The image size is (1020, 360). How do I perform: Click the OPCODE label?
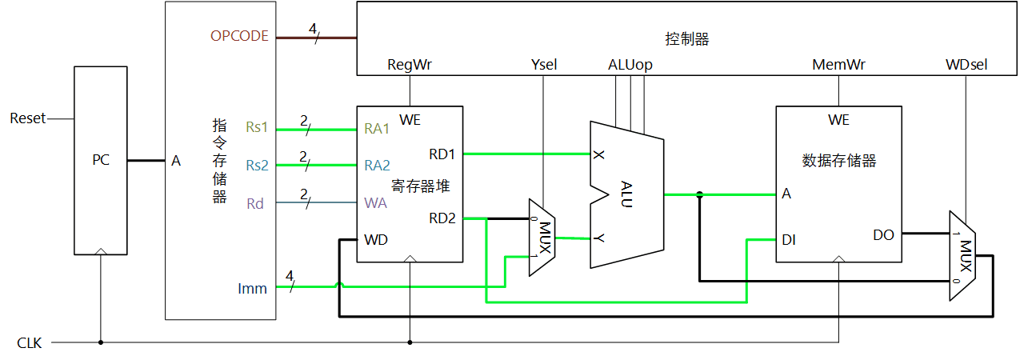coord(239,36)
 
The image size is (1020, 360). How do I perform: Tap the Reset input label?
coord(28,118)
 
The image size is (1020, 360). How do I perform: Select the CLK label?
coord(30,343)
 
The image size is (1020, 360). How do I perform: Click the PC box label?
coord(100,160)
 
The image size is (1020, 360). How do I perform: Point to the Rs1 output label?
coord(257,128)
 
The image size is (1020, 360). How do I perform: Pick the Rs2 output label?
coord(257,166)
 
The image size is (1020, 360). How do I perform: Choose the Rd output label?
coord(255,203)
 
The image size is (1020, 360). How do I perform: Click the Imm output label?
coord(252,287)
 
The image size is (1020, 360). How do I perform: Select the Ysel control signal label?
coord(543,65)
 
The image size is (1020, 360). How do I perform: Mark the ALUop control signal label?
coord(631,65)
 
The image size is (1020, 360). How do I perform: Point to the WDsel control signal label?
coord(966,65)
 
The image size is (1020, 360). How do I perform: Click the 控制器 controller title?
coord(687,38)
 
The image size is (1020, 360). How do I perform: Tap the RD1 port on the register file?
coord(442,153)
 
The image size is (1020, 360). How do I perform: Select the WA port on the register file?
coord(376,203)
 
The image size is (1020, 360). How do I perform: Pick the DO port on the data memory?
coord(883,234)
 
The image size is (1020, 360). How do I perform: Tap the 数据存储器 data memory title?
coord(838,161)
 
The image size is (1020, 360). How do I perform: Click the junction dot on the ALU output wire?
coord(700,194)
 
